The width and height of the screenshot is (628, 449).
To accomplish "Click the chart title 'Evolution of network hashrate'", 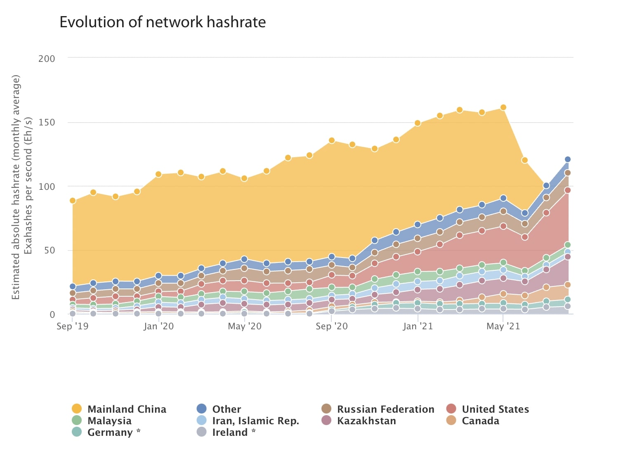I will click(163, 22).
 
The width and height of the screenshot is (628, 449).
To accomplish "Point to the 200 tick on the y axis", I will click(47, 59).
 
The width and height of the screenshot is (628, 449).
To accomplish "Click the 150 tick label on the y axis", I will click(47, 123).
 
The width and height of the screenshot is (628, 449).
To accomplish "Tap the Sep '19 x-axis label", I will click(73, 326).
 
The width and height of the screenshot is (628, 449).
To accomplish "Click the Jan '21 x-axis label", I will click(418, 326).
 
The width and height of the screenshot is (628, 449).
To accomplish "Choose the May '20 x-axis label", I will click(245, 326).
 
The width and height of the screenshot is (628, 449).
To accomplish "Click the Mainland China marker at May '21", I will click(503, 107).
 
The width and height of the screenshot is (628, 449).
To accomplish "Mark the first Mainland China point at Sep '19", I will click(73, 201).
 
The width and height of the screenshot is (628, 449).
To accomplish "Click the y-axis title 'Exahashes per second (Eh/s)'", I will click(28, 186).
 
